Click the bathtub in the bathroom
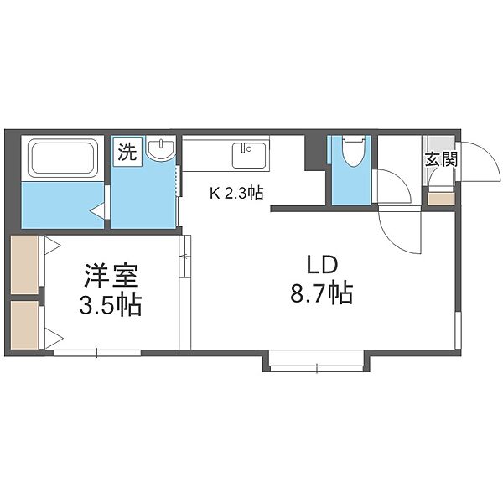pos(63,158)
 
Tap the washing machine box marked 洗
pos(127,152)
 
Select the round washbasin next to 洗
pos(161,148)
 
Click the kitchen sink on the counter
pos(249,155)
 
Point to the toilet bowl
pos(353,151)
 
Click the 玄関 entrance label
pos(441,159)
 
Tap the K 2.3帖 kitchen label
pos(236,194)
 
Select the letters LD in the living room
pos(323,265)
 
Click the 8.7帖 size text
pos(322,293)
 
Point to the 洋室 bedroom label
pos(111,275)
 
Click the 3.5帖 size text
pos(110,305)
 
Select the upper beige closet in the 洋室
pos(24,265)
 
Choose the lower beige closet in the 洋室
pos(24,324)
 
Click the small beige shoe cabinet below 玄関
pos(441,199)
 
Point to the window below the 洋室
pos(97,353)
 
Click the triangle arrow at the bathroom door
pos(98,211)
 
